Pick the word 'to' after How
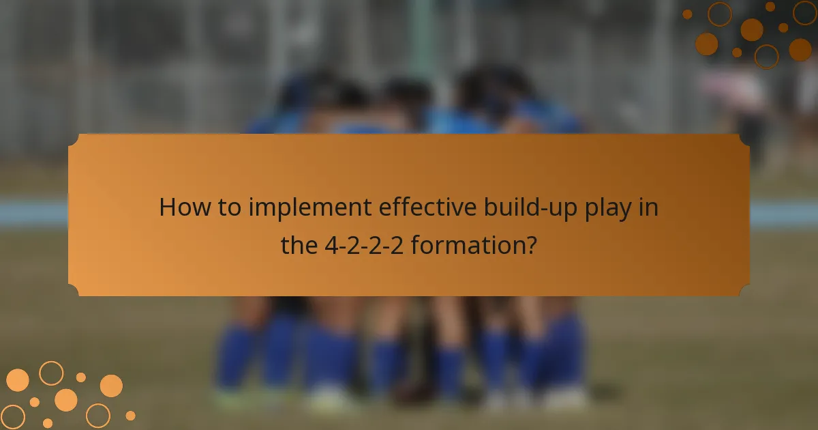(225, 207)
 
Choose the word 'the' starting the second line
(299, 245)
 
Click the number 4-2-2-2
(364, 245)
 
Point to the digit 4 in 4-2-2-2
(330, 245)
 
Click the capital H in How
(166, 207)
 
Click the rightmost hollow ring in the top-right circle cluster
(804, 12)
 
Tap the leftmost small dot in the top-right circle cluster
(687, 14)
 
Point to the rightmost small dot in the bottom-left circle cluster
(130, 415)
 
